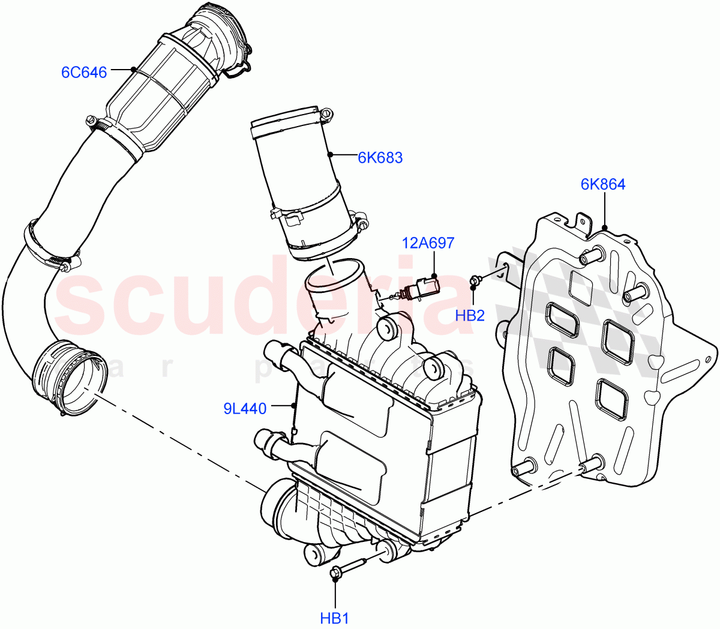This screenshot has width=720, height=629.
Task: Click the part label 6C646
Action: pos(84,73)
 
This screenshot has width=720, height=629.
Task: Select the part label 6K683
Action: pos(380,158)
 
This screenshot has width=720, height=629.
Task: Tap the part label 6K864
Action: pos(602,184)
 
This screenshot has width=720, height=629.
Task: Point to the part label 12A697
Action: pos(428,243)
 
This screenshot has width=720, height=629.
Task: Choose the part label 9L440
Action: pos(245,409)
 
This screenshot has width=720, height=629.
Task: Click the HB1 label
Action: pos(334,618)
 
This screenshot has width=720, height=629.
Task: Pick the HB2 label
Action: pos(470,315)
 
